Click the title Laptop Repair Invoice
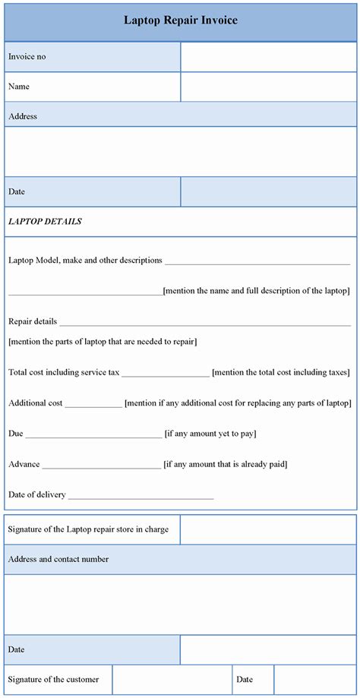(180, 21)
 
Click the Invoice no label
(27, 56)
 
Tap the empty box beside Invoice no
(268, 57)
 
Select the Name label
(19, 87)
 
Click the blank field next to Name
(268, 87)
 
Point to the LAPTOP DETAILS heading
(45, 222)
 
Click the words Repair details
(33, 321)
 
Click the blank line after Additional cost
(93, 404)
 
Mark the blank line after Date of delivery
(141, 496)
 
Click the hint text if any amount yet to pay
(210, 434)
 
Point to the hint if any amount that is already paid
(226, 464)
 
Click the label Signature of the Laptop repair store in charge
(88, 529)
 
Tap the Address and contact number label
(58, 559)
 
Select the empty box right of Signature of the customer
(172, 680)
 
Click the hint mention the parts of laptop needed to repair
(103, 342)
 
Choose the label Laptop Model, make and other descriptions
(85, 260)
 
